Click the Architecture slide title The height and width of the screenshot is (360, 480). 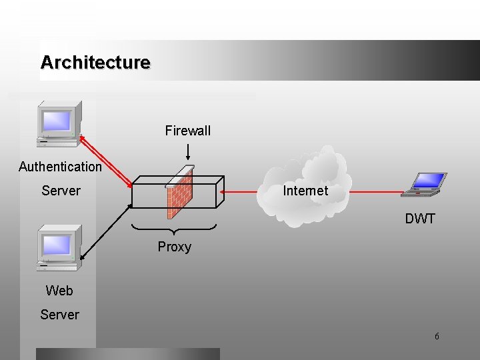[x=95, y=63]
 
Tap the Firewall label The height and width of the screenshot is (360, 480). [x=188, y=131]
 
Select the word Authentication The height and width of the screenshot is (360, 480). [x=60, y=167]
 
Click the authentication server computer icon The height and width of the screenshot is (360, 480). [x=59, y=123]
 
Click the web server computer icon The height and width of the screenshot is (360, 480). [x=59, y=247]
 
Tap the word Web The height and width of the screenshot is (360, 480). [x=59, y=291]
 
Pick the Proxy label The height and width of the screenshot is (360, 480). [x=175, y=247]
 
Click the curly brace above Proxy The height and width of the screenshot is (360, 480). [x=175, y=229]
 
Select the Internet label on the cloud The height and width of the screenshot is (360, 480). [x=305, y=191]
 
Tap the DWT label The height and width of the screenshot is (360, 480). [x=420, y=219]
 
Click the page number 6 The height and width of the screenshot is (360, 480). [x=437, y=337]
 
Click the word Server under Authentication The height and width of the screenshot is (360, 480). [x=61, y=191]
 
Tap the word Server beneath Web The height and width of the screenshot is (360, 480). [x=59, y=315]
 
